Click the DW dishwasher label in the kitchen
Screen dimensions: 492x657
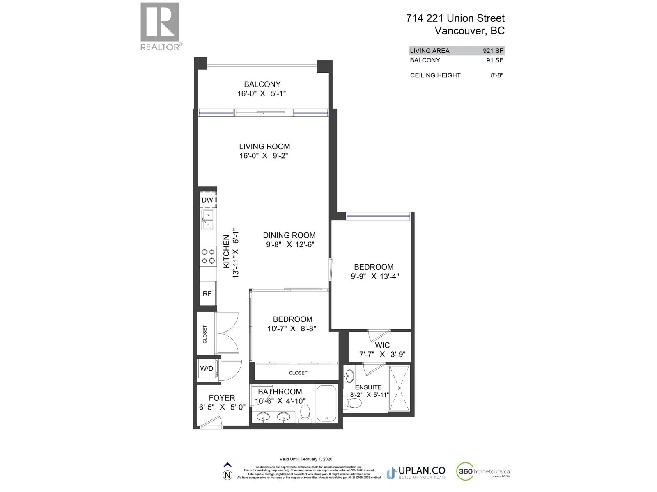click(x=207, y=200)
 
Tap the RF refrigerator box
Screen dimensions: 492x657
click(x=207, y=294)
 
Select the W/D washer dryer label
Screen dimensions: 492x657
click(x=207, y=369)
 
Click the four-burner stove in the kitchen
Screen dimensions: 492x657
click(x=208, y=256)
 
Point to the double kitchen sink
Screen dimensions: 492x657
click(x=207, y=220)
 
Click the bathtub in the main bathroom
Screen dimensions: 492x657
click(x=326, y=403)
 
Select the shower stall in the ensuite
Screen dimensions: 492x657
click(x=399, y=388)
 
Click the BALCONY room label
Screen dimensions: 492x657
click(x=262, y=84)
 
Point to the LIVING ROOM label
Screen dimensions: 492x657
click(x=264, y=146)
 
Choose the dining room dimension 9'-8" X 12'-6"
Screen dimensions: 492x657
click(x=290, y=245)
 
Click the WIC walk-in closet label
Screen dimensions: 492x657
click(x=382, y=345)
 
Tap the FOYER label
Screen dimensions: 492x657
click(x=222, y=398)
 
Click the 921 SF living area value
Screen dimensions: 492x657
click(x=493, y=51)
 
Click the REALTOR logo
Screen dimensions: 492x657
click(x=160, y=26)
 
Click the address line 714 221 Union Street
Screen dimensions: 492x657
click(x=455, y=18)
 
